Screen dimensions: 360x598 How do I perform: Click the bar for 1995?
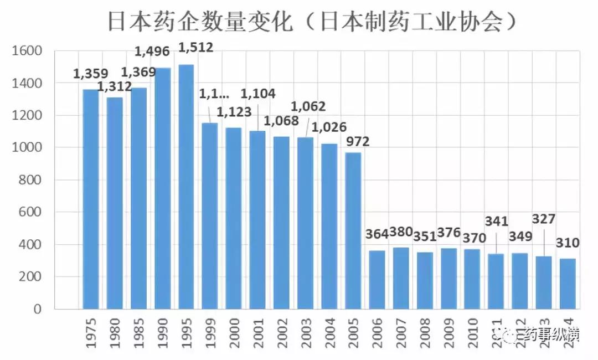click(x=186, y=187)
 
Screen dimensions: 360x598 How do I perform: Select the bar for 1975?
click(x=91, y=199)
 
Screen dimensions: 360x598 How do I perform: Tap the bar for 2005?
click(x=353, y=230)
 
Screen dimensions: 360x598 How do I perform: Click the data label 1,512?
click(x=195, y=48)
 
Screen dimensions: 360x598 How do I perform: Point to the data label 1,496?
click(x=153, y=52)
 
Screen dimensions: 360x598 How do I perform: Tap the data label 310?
click(x=568, y=243)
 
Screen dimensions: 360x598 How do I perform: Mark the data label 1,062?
click(x=308, y=106)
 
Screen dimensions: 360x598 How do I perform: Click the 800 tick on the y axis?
click(x=31, y=180)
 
